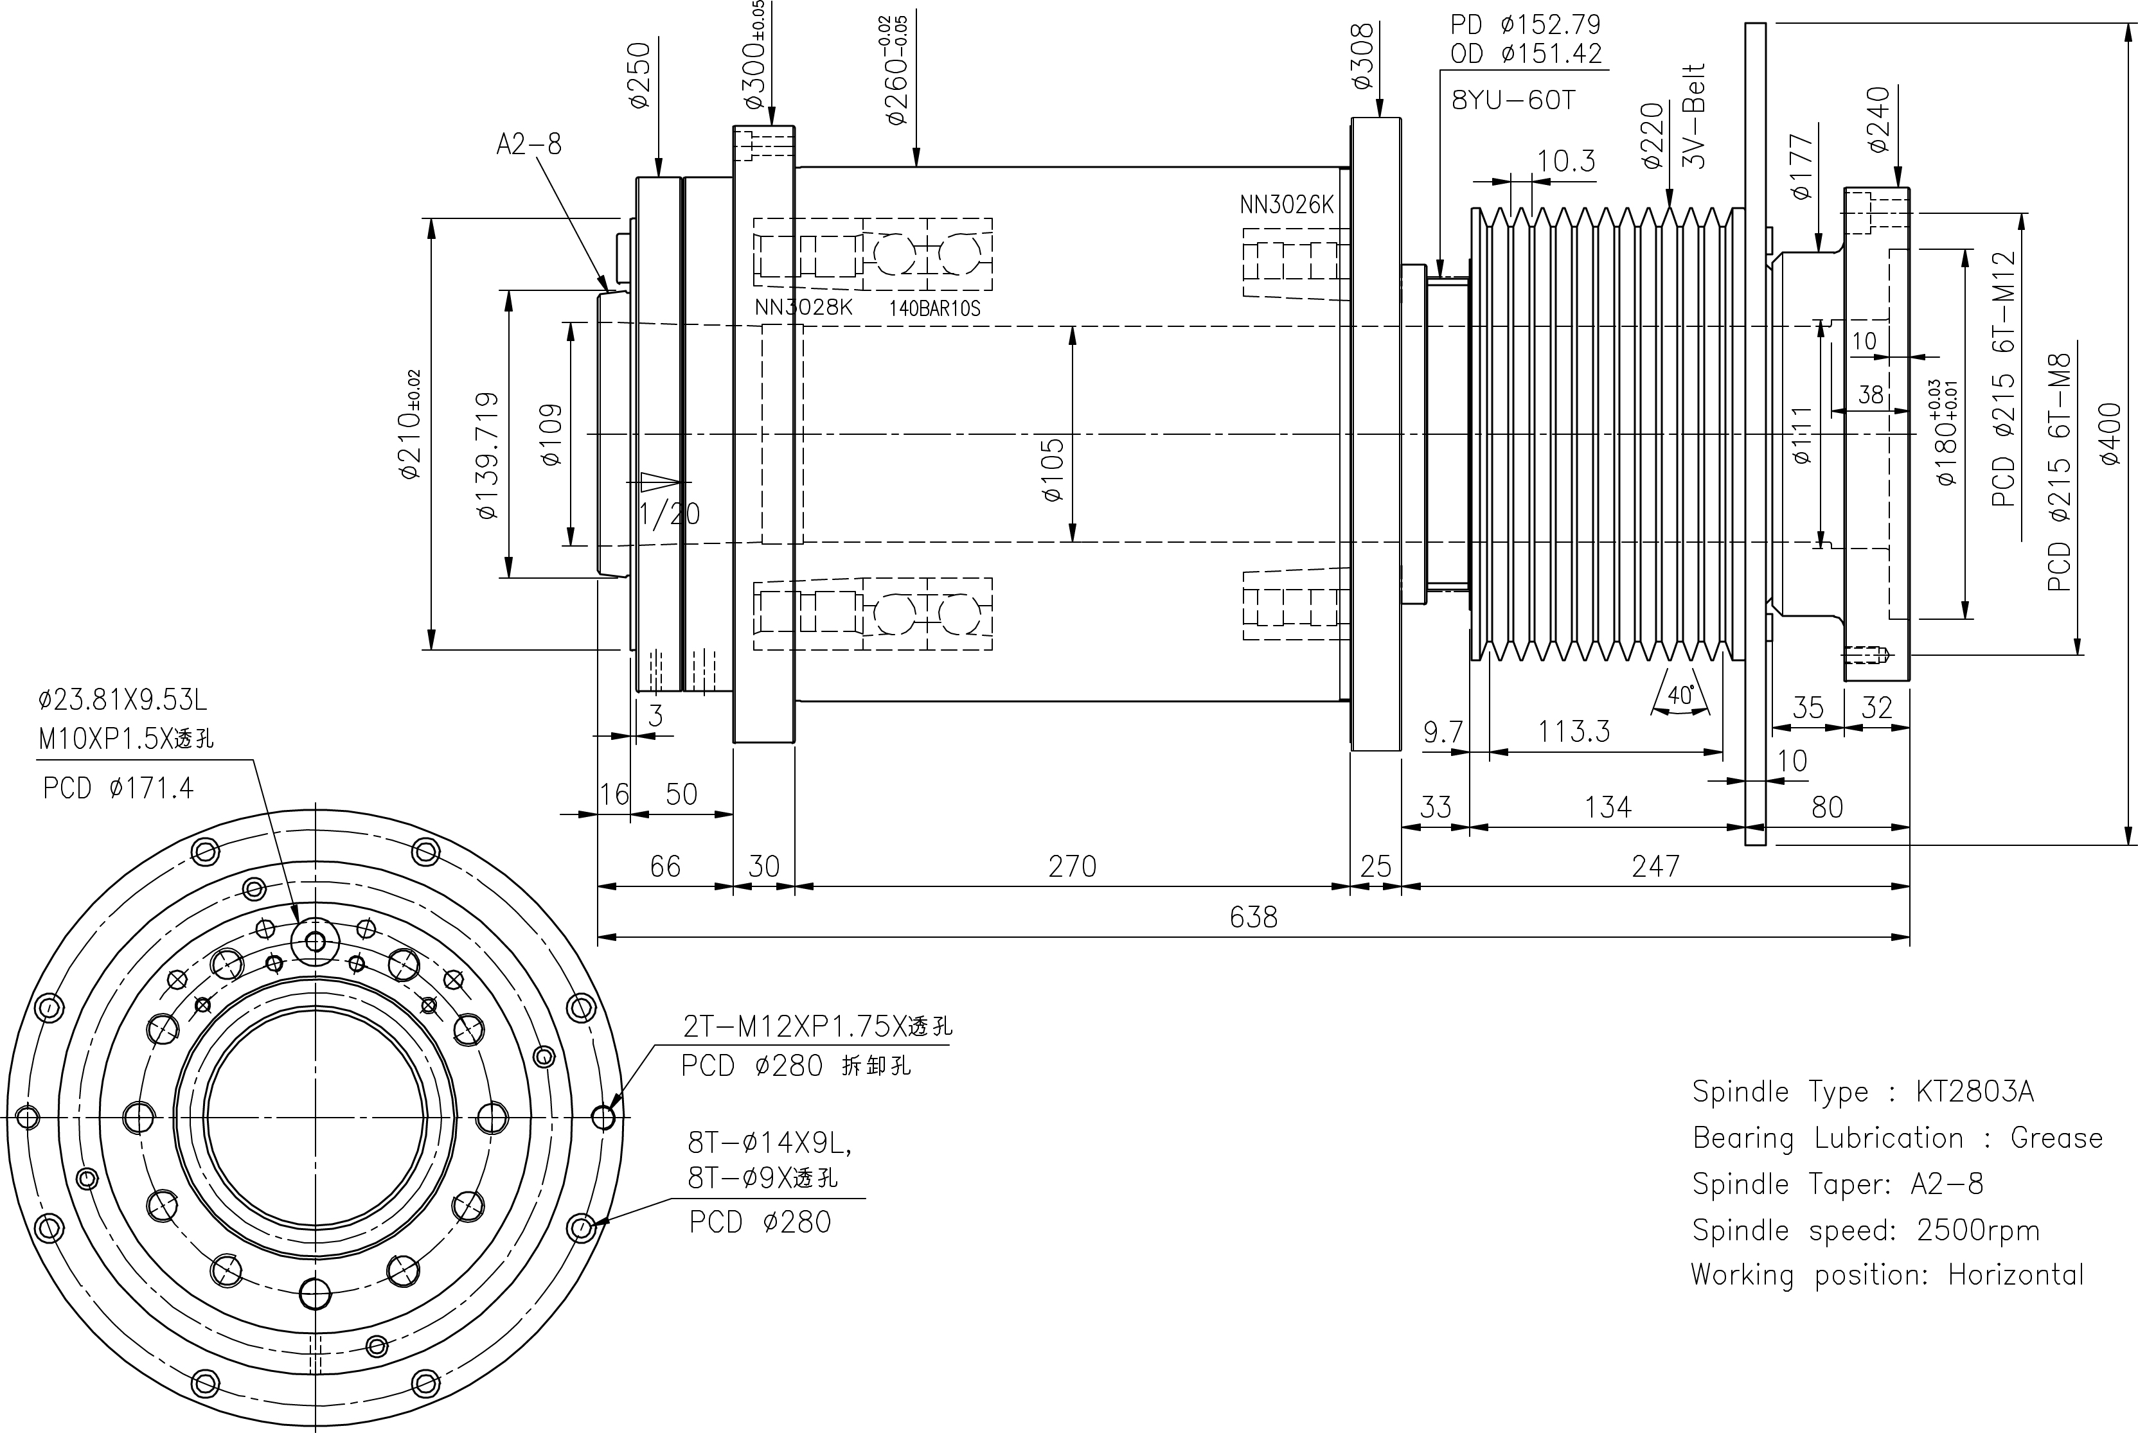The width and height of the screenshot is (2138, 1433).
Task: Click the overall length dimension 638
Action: tap(1252, 917)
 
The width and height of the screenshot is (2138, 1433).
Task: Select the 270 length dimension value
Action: tap(1071, 865)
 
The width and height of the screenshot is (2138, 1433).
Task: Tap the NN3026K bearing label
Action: tap(1286, 205)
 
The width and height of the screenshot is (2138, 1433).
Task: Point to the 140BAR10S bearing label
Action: tap(934, 308)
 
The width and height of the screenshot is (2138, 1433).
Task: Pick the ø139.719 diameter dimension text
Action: tap(487, 455)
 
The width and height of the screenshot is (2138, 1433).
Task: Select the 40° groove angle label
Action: tap(1680, 696)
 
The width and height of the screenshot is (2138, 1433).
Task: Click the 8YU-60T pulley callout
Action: tap(1513, 100)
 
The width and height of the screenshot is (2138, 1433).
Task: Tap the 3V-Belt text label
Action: tap(1694, 116)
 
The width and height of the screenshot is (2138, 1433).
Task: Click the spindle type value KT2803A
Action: tap(1974, 1091)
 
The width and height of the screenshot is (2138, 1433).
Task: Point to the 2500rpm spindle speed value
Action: tap(1978, 1230)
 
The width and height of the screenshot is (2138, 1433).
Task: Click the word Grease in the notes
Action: tap(2056, 1138)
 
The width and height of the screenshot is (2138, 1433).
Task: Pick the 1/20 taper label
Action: tap(670, 514)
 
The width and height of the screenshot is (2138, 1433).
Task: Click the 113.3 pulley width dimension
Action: tap(1573, 731)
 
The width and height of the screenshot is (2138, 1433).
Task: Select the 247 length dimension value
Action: tap(1655, 865)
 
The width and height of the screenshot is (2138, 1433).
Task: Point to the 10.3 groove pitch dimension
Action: tap(1566, 161)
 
